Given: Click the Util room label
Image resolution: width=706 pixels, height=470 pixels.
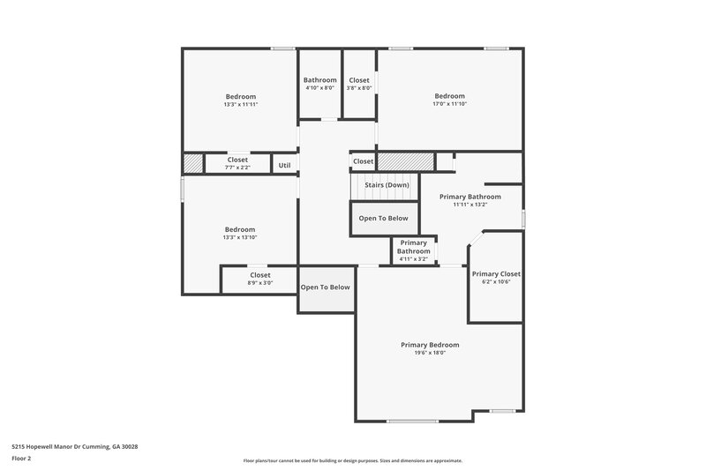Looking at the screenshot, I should pyautogui.click(x=284, y=165).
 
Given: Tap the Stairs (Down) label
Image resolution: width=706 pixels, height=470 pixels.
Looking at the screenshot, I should pyautogui.click(x=387, y=184).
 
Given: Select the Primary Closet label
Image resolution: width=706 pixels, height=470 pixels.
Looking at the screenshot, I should pyautogui.click(x=496, y=273).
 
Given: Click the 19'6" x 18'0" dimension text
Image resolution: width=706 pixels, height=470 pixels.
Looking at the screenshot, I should pyautogui.click(x=430, y=353).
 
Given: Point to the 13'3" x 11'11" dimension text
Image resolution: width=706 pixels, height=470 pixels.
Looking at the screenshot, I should pyautogui.click(x=240, y=104).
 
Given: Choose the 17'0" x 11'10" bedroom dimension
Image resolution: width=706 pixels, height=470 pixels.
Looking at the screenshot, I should pyautogui.click(x=448, y=104).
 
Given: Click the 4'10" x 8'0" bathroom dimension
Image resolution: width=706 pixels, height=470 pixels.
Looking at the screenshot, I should pyautogui.click(x=319, y=87).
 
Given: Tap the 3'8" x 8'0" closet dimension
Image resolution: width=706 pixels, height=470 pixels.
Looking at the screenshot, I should pyautogui.click(x=359, y=87).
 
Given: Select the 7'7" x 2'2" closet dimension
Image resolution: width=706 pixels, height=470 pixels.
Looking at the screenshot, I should pyautogui.click(x=237, y=167).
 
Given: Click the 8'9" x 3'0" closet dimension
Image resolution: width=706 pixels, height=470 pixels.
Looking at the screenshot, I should pyautogui.click(x=259, y=283).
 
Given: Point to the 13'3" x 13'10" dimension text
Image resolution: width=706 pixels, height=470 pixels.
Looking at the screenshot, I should pyautogui.click(x=240, y=236).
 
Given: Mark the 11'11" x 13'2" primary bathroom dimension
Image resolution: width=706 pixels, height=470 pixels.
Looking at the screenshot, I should pyautogui.click(x=470, y=205).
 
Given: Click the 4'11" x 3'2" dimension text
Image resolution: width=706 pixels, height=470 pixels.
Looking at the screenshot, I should pyautogui.click(x=414, y=259).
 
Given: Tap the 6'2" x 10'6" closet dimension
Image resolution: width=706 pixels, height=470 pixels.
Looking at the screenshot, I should pyautogui.click(x=496, y=281).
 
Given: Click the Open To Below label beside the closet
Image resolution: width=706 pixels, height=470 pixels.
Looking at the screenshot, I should pyautogui.click(x=326, y=287).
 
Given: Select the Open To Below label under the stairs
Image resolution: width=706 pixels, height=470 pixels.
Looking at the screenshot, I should pyautogui.click(x=383, y=218).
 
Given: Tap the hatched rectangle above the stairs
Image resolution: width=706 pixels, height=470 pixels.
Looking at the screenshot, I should pyautogui.click(x=406, y=161).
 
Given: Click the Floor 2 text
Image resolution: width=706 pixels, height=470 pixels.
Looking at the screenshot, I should pyautogui.click(x=22, y=459).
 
